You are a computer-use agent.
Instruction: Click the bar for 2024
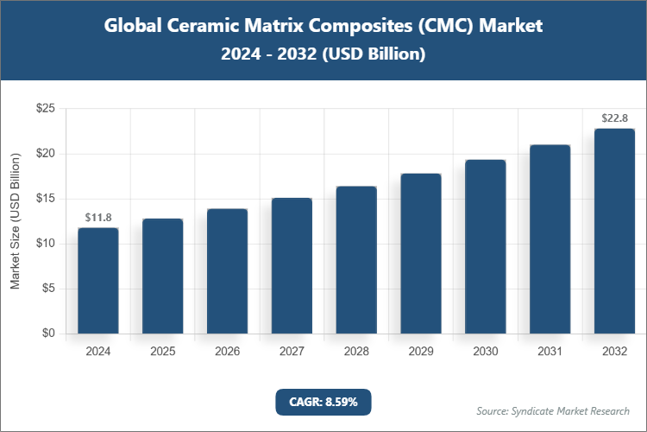(97, 281)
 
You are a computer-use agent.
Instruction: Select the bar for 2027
(292, 266)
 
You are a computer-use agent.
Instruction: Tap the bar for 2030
(486, 247)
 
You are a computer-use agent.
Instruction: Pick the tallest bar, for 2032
(615, 232)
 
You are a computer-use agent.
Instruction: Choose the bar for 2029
(421, 254)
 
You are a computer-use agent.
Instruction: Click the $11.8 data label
(97, 217)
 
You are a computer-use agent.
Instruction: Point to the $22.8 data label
(615, 118)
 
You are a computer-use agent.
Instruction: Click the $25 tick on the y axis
(46, 109)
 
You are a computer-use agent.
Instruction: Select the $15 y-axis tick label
(46, 199)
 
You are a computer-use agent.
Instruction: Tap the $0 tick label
(49, 334)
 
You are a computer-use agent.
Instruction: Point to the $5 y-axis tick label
(49, 289)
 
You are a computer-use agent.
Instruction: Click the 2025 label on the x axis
(162, 352)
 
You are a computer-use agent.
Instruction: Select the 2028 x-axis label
(356, 352)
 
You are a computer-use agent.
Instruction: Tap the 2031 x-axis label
(550, 352)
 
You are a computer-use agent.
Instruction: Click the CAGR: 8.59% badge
(323, 402)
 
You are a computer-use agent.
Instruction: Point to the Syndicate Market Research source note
(552, 410)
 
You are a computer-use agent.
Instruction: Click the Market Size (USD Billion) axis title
(15, 221)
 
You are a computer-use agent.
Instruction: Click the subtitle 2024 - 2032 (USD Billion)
(323, 54)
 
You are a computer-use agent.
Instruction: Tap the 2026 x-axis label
(227, 352)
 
